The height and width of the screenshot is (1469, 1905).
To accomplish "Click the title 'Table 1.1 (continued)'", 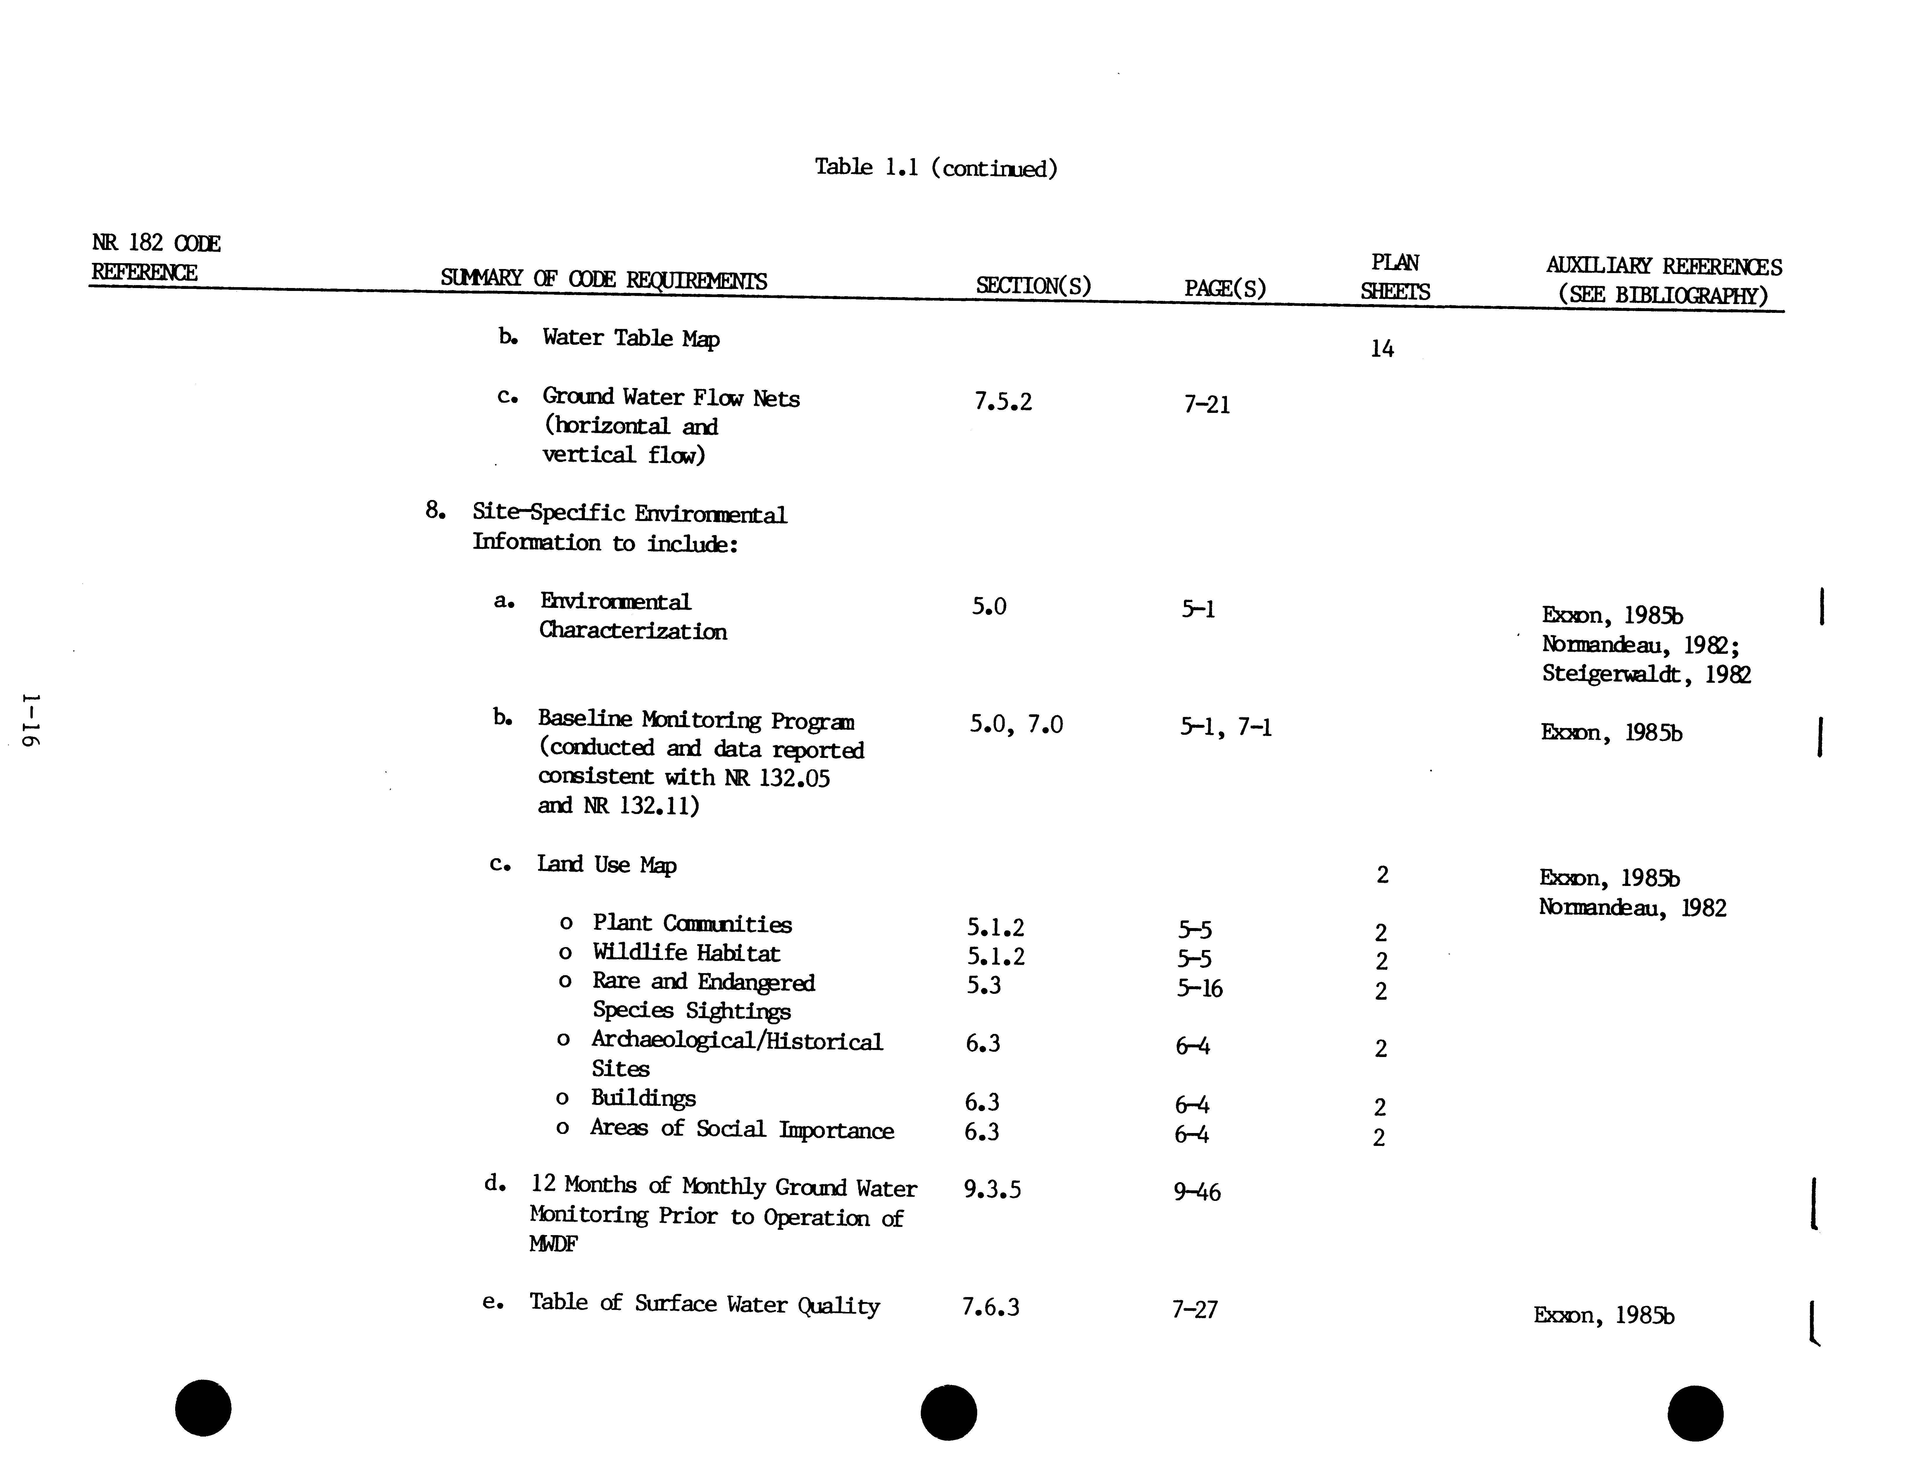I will coord(936,168).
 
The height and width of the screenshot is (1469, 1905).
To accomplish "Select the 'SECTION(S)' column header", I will coord(1033,285).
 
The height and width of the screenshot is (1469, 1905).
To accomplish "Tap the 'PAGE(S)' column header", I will coord(1225,288).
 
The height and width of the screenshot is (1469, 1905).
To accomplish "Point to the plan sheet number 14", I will coord(1382,349).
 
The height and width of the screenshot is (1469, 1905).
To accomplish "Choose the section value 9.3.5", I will coord(992,1189).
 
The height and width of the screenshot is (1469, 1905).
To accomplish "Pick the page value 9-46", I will coord(1197,1192).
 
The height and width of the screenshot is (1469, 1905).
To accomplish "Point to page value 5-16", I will coord(1200,988).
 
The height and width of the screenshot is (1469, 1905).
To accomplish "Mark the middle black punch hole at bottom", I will coord(949,1412).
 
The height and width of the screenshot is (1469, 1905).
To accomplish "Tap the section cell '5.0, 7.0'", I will coord(1016,724).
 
